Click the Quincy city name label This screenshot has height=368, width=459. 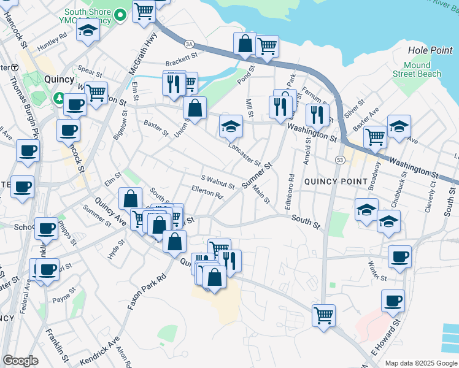point(60,79)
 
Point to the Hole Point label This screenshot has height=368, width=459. point(429,50)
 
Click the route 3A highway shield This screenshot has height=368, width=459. point(190,44)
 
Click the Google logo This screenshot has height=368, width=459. point(20,361)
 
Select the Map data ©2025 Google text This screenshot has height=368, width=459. point(420,363)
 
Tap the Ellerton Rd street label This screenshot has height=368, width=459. point(207,193)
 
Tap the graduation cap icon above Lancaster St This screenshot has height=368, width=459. point(231,126)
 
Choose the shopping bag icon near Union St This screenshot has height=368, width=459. point(195,109)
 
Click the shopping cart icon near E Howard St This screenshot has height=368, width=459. point(323,316)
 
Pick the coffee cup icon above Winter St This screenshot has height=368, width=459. point(400,256)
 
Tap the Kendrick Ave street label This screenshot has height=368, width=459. point(100,350)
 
